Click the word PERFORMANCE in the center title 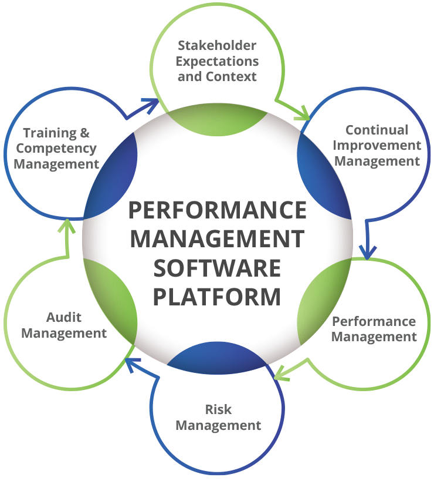click(x=217, y=210)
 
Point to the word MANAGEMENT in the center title click(x=217, y=239)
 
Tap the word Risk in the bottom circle click(x=217, y=409)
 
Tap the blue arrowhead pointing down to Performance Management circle click(x=367, y=253)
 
